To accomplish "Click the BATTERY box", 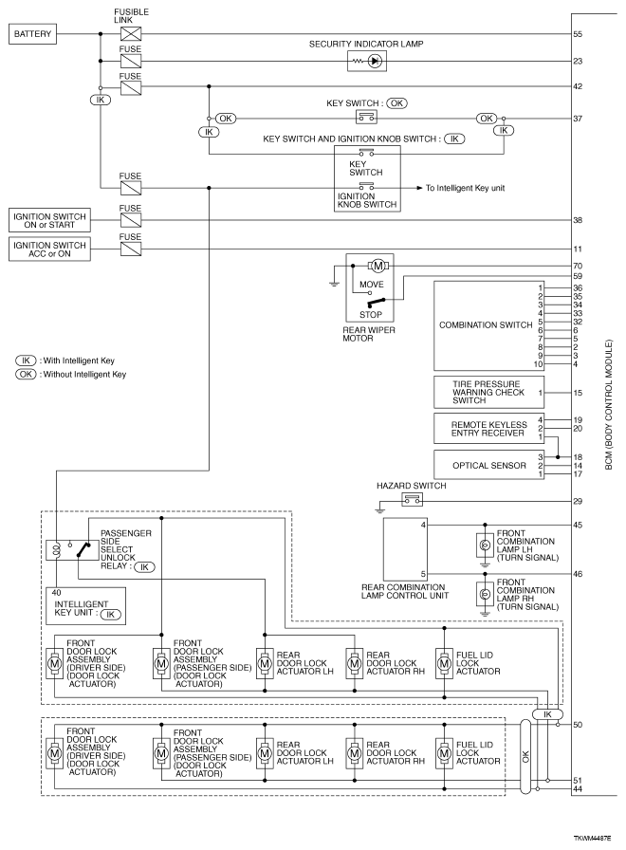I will [33, 35].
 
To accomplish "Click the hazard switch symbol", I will [413, 499].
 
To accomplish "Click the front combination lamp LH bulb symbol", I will [484, 545].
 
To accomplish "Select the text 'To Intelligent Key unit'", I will [465, 188].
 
